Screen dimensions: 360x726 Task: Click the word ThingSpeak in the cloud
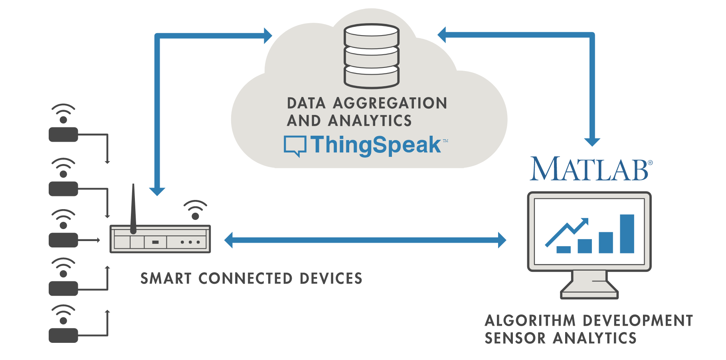(375, 145)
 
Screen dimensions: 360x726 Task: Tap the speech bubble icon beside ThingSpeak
(295, 146)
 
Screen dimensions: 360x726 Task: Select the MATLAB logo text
(590, 169)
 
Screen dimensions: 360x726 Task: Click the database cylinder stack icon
(372, 56)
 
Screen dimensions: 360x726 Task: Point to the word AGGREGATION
(390, 103)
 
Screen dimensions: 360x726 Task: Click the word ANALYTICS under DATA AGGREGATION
(370, 121)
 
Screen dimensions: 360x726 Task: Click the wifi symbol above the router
(195, 210)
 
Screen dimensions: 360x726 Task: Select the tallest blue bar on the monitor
(627, 234)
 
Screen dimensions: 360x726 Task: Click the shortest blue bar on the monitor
(563, 249)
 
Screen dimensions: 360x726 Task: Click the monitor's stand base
(589, 295)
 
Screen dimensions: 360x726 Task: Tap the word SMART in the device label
(166, 279)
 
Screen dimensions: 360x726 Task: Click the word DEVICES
(331, 279)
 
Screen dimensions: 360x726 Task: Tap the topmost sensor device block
(63, 135)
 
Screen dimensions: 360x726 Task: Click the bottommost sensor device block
(63, 335)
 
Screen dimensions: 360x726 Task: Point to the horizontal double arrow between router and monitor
(365, 240)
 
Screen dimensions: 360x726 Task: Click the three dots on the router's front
(190, 242)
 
